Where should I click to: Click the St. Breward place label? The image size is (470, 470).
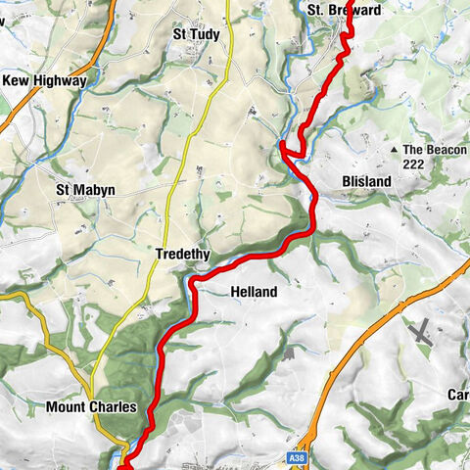(343, 10)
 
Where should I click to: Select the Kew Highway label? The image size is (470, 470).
(44, 81)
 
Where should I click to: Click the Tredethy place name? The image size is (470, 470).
(182, 255)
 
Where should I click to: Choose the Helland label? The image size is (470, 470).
(254, 292)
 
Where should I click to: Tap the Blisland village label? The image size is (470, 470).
(366, 182)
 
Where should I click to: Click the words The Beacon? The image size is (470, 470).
(435, 150)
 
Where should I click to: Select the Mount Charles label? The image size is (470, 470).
(91, 406)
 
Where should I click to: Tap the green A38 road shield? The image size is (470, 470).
(298, 456)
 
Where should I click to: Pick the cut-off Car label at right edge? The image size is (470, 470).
(458, 396)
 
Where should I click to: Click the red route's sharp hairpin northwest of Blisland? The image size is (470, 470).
(283, 147)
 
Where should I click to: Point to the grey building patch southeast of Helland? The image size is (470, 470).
(288, 350)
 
